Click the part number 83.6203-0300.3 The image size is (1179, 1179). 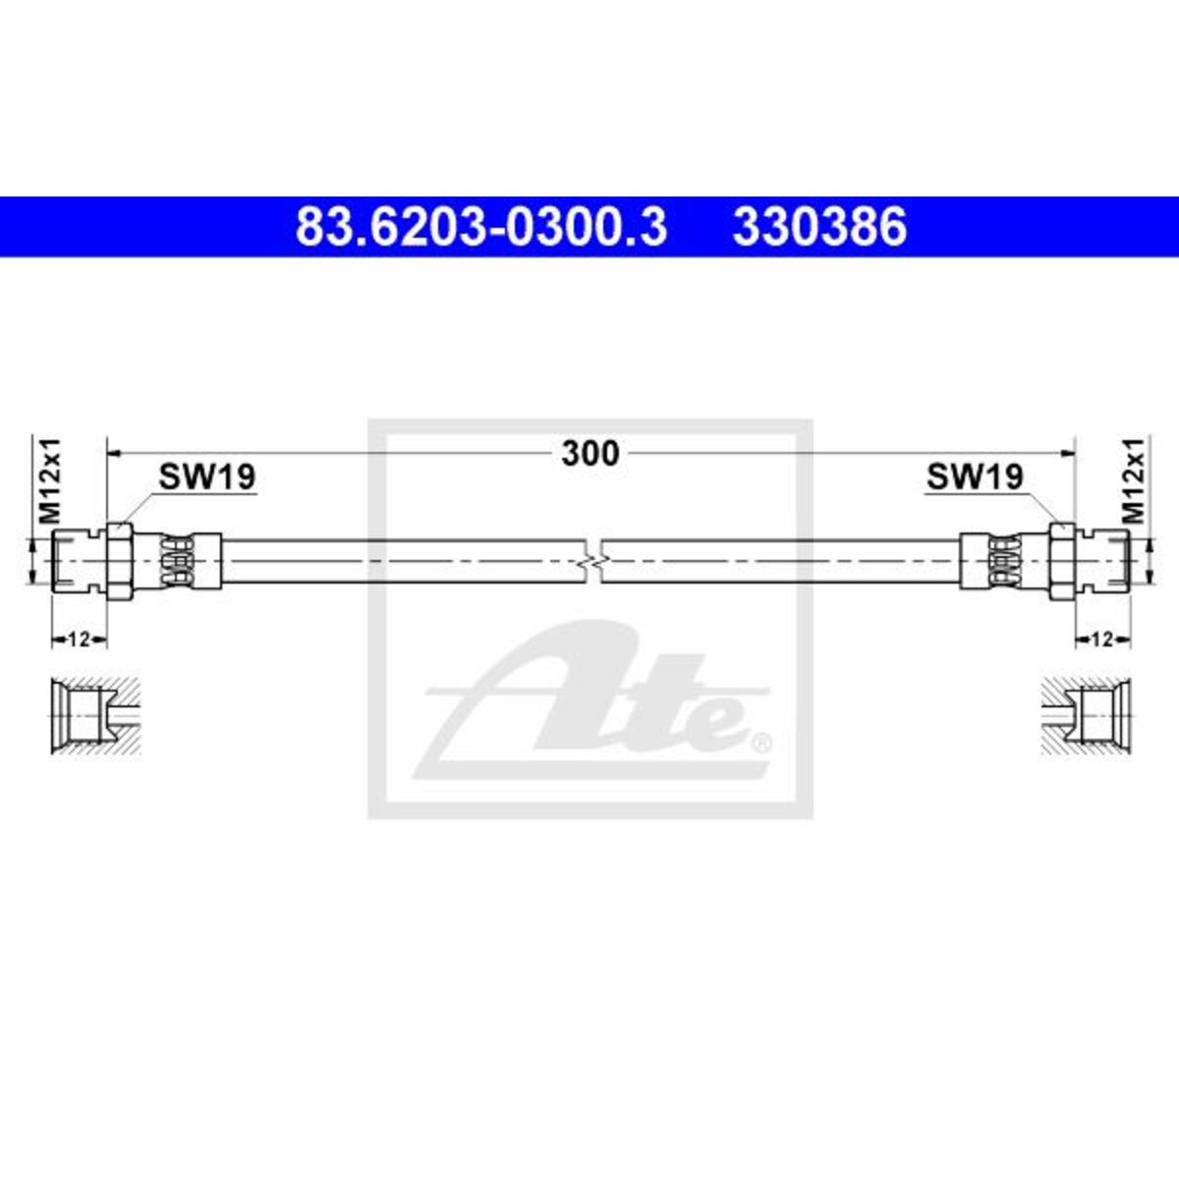pos(480,227)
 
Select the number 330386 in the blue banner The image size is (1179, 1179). pos(819,227)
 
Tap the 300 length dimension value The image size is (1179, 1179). pos(590,453)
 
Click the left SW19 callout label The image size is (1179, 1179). pos(206,477)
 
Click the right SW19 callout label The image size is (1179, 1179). pos(975,477)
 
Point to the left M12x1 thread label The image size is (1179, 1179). pos(51,480)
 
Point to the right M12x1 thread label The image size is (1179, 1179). pos(1134,480)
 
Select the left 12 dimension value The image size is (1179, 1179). pos(79,640)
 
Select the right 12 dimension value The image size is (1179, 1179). pos(1102,640)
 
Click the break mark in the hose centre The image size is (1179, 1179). pos(591,561)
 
